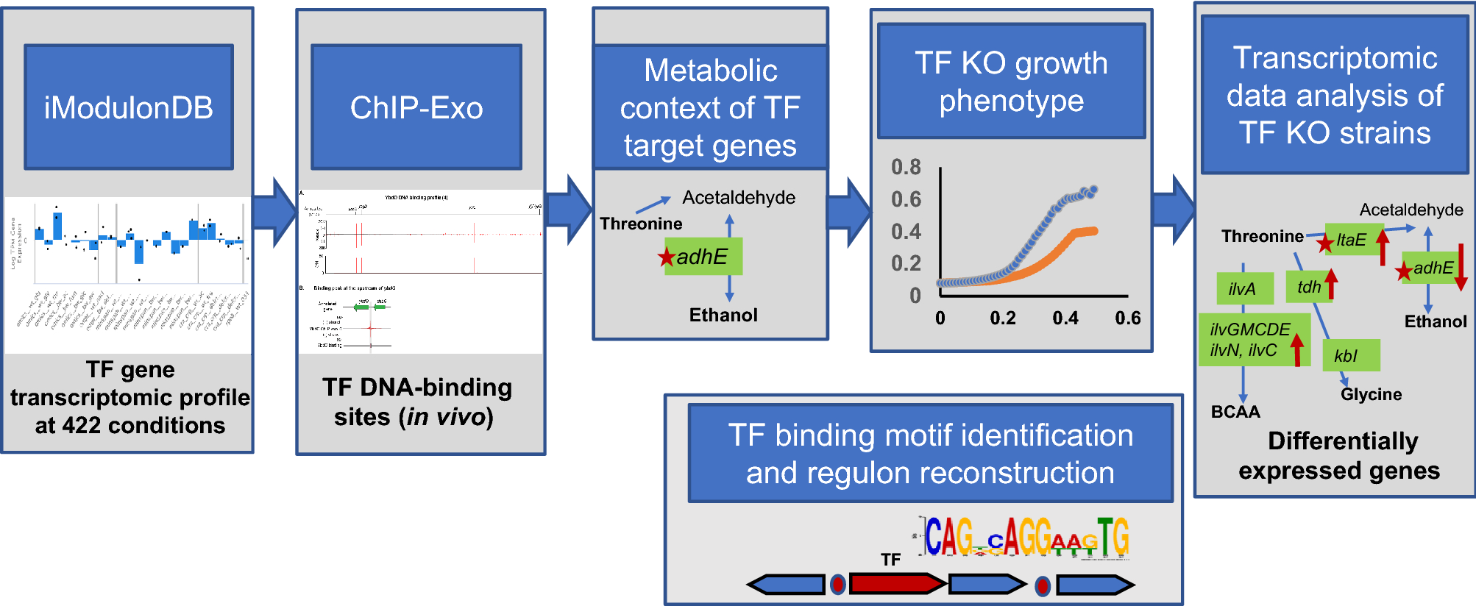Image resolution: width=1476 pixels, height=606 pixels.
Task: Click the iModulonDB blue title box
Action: pyautogui.click(x=129, y=107)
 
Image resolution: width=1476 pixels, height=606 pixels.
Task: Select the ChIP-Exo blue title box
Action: pyautogui.click(x=416, y=107)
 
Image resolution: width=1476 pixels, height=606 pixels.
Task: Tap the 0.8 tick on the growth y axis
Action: pyautogui.click(x=906, y=167)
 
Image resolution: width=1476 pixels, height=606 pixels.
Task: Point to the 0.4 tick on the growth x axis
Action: pyautogui.click(x=1065, y=318)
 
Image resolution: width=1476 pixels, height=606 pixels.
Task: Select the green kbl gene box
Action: pyautogui.click(x=1351, y=355)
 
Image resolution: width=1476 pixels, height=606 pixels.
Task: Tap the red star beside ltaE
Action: pyautogui.click(x=1325, y=243)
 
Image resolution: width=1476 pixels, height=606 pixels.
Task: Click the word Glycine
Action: pyautogui.click(x=1371, y=394)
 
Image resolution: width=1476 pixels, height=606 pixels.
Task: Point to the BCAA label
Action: pyautogui.click(x=1235, y=412)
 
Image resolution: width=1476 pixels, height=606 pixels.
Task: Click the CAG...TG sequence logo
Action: pyautogui.click(x=1026, y=537)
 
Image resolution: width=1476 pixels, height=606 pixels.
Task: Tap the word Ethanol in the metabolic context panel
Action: pyautogui.click(x=723, y=315)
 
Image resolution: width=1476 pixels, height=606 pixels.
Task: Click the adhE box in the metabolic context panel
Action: pyautogui.click(x=703, y=257)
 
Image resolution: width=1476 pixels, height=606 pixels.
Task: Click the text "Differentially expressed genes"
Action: pyautogui.click(x=1341, y=455)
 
